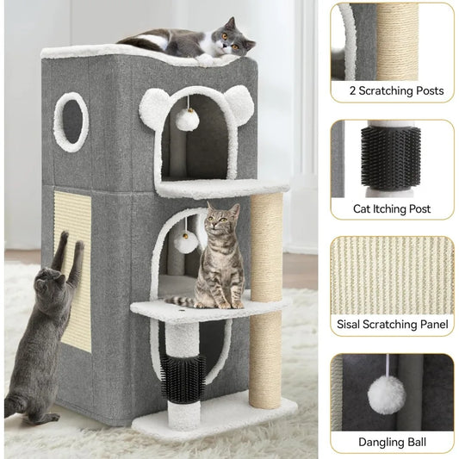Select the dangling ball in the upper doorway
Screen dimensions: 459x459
186,120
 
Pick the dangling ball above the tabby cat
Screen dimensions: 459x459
186,242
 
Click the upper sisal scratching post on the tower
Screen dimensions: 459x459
266,242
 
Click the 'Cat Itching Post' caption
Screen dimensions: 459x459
392,208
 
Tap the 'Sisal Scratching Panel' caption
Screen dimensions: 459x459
392,325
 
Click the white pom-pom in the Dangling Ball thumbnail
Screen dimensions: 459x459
387,394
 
